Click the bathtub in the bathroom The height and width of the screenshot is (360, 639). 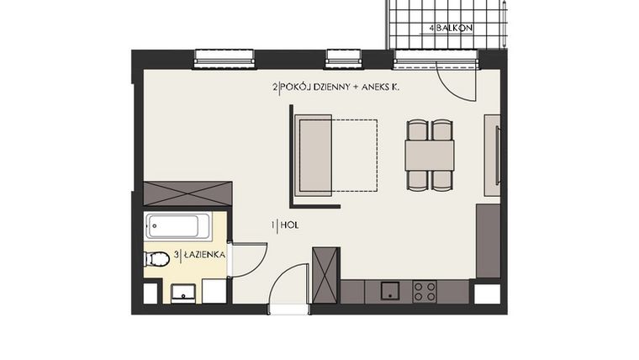(172, 226)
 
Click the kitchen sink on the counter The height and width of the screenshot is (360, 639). (389, 291)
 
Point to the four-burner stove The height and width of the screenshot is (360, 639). (425, 291)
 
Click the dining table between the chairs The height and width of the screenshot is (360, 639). (429, 156)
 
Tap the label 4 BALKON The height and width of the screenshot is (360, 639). (451, 28)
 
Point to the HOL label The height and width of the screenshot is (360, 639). (287, 225)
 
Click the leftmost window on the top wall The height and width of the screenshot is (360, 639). (225, 58)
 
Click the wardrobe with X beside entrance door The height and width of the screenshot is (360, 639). (325, 275)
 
